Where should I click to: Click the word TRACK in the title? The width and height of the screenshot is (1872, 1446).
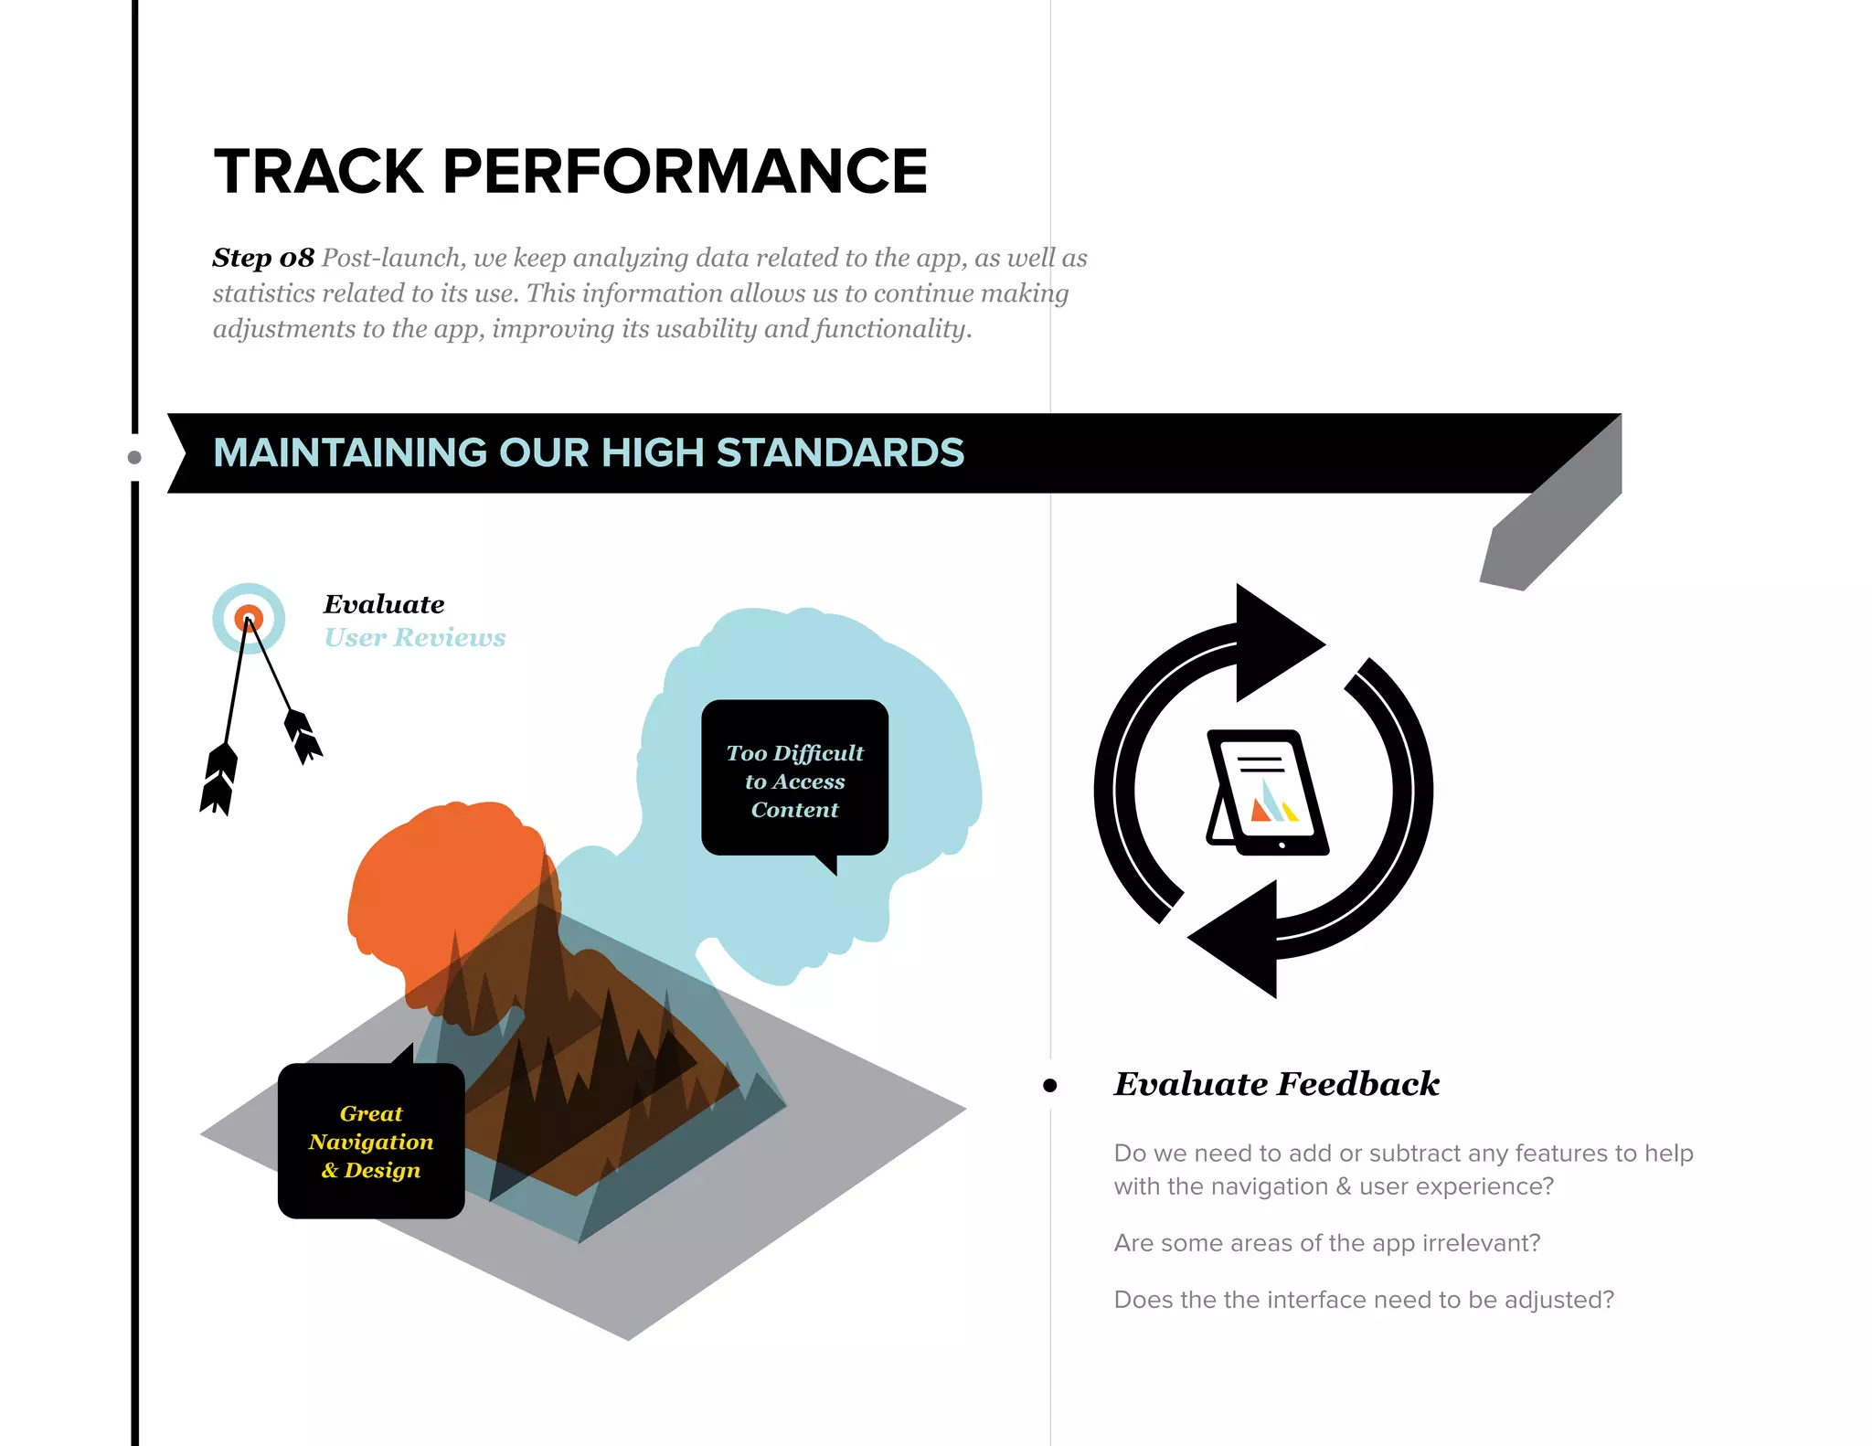pos(318,172)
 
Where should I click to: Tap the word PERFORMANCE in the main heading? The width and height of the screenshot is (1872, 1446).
pos(685,172)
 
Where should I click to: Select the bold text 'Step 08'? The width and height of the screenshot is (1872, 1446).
pos(263,258)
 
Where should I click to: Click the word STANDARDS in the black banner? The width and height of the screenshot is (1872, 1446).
pos(840,453)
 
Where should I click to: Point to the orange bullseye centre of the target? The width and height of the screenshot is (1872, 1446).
pos(249,619)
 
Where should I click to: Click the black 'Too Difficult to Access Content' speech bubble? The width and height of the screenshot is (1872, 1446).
pos(794,780)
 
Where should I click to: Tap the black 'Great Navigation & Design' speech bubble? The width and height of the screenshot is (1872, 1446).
pos(371,1141)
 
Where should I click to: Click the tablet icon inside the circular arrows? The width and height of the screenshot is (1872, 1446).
pos(1267,792)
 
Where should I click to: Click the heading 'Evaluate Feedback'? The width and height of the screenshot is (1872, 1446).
pos(1276,1084)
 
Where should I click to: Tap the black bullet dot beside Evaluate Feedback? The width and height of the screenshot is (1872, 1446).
pos(1049,1086)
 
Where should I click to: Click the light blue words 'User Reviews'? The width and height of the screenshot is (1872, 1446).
pos(415,637)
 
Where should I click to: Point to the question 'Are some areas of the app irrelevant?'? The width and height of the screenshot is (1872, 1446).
pos(1326,1243)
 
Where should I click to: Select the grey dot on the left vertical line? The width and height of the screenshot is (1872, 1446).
pos(134,457)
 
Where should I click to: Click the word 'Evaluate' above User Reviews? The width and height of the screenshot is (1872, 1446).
pos(384,604)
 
